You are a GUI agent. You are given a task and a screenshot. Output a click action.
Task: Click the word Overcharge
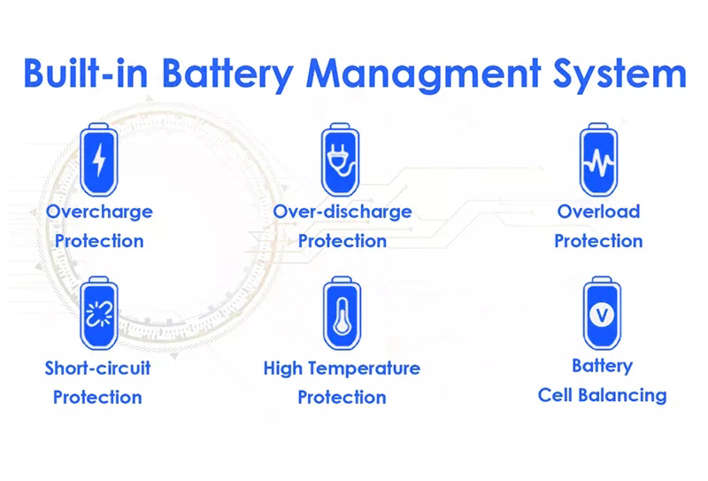(x=99, y=212)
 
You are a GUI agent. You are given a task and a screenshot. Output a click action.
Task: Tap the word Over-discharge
(x=342, y=212)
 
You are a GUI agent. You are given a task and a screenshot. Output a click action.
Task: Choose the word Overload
(x=598, y=212)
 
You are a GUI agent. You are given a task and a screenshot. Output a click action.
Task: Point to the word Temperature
(x=365, y=368)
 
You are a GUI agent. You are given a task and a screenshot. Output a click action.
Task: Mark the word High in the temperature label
(x=283, y=368)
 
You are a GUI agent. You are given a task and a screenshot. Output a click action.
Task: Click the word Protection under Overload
(x=598, y=241)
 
